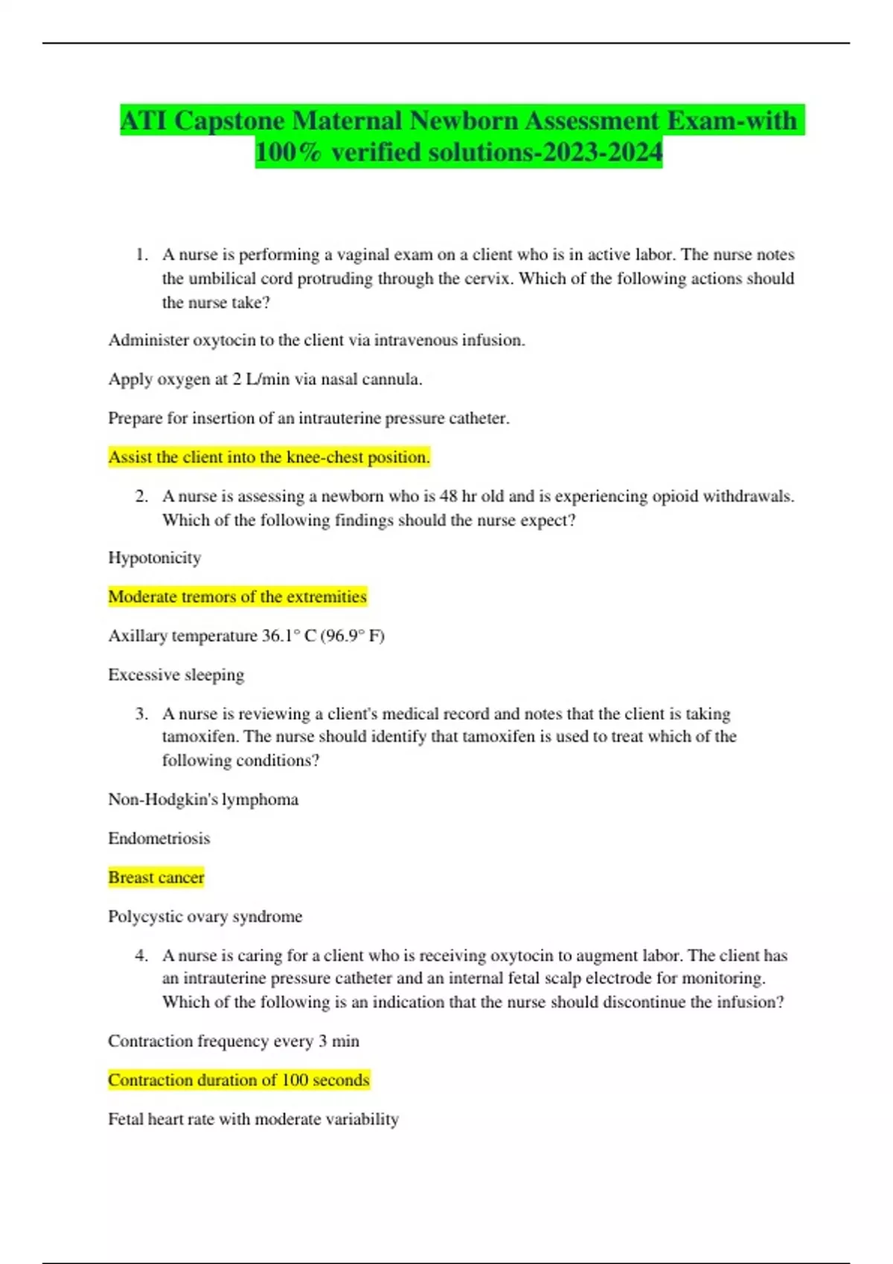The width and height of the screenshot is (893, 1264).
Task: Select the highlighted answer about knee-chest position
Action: pos(269,457)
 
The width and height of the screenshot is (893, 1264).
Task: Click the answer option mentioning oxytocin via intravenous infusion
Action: pos(316,341)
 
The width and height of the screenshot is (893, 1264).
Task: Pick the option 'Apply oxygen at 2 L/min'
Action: pos(265,379)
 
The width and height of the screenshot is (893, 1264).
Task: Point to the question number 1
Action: pos(141,255)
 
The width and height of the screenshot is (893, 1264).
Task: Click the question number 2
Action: pos(141,497)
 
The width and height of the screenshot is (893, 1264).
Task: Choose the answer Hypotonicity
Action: pos(154,558)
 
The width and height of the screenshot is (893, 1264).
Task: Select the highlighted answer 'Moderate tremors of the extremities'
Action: pos(237,597)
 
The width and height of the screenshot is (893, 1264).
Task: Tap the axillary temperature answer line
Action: pos(246,636)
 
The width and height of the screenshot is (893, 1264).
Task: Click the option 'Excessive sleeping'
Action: pos(176,675)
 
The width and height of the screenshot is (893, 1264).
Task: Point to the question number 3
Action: pos(141,715)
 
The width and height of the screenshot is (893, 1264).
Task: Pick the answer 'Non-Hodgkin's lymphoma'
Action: pos(203,799)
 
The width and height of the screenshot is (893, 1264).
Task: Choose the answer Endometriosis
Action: pos(159,839)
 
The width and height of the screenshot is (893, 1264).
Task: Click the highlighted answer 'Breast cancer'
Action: pos(156,877)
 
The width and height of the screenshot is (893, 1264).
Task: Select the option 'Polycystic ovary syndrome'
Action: pos(205,917)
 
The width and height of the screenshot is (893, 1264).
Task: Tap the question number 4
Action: pos(141,956)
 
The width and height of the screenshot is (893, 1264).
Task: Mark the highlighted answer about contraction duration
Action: pos(238,1080)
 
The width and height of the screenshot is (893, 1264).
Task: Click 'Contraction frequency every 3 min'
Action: pos(233,1041)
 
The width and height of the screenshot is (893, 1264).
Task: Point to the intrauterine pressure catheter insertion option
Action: pos(308,419)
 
